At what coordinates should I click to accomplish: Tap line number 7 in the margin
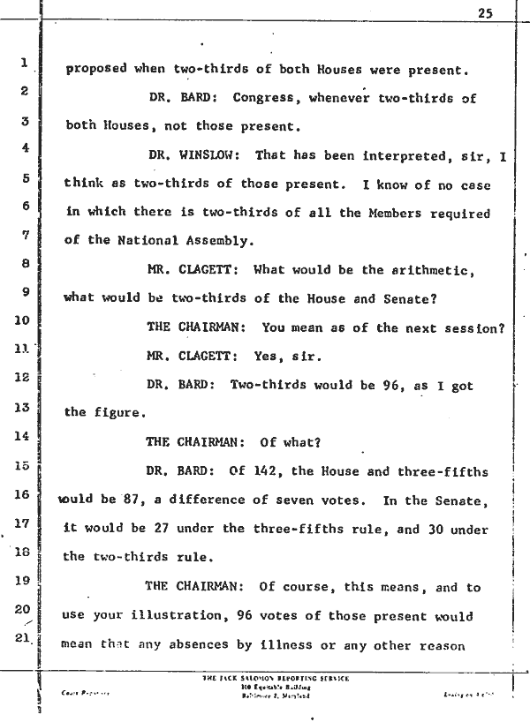26,236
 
